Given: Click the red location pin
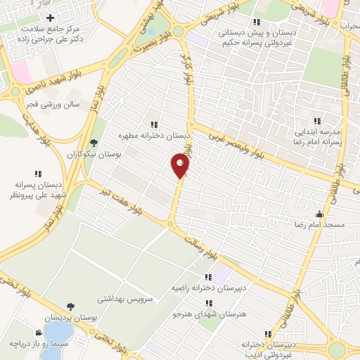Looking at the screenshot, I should pos(181,165).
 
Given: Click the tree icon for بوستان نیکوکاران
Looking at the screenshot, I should pos(94,143).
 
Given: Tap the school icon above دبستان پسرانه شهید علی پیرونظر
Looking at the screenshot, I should pos(37,173).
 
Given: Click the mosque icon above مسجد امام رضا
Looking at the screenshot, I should pos(321,214).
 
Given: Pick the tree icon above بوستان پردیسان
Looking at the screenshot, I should pos(70,307).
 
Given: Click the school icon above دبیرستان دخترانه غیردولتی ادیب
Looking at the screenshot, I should pos(266,334).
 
